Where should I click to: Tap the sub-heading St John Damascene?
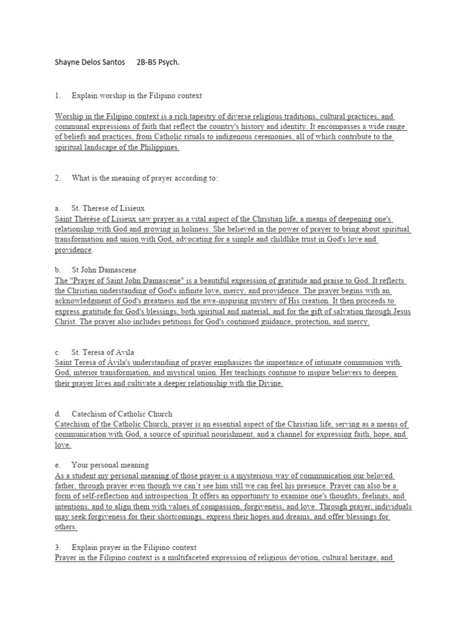pos(104,270)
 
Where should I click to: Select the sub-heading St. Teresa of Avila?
pos(103,352)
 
